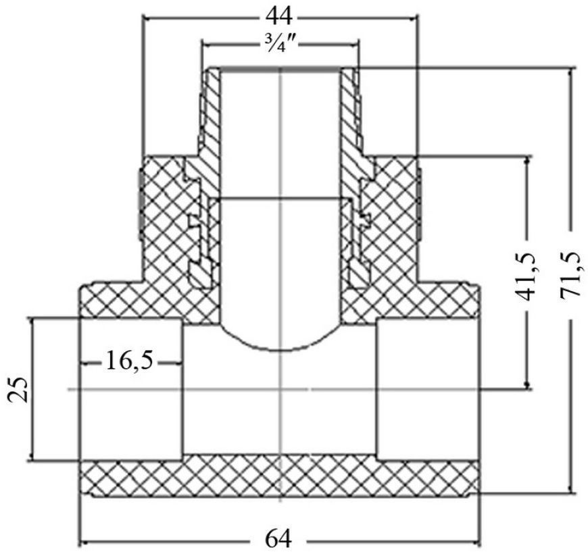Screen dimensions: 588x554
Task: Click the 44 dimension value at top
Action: click(278, 16)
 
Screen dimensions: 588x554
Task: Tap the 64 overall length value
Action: click(278, 540)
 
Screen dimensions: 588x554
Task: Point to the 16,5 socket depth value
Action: click(130, 361)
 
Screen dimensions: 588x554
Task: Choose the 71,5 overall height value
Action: click(570, 276)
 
